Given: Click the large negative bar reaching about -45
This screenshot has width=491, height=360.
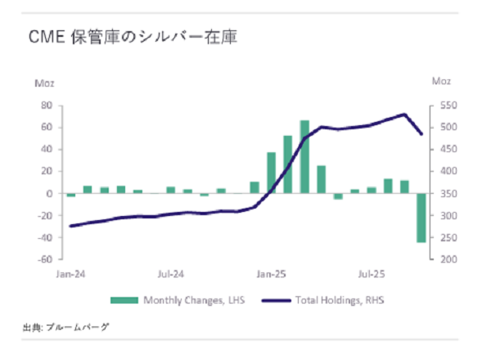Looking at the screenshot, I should click(x=421, y=218).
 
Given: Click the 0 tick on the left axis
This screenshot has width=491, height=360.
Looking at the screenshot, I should click(x=50, y=194).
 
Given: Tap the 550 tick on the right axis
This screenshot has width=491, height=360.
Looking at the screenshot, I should click(x=440, y=106).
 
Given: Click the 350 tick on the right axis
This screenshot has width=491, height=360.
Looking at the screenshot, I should click(x=440, y=194).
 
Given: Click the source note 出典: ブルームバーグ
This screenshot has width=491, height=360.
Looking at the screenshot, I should click(x=65, y=326).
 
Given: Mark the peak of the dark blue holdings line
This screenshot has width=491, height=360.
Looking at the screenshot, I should click(x=404, y=115).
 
